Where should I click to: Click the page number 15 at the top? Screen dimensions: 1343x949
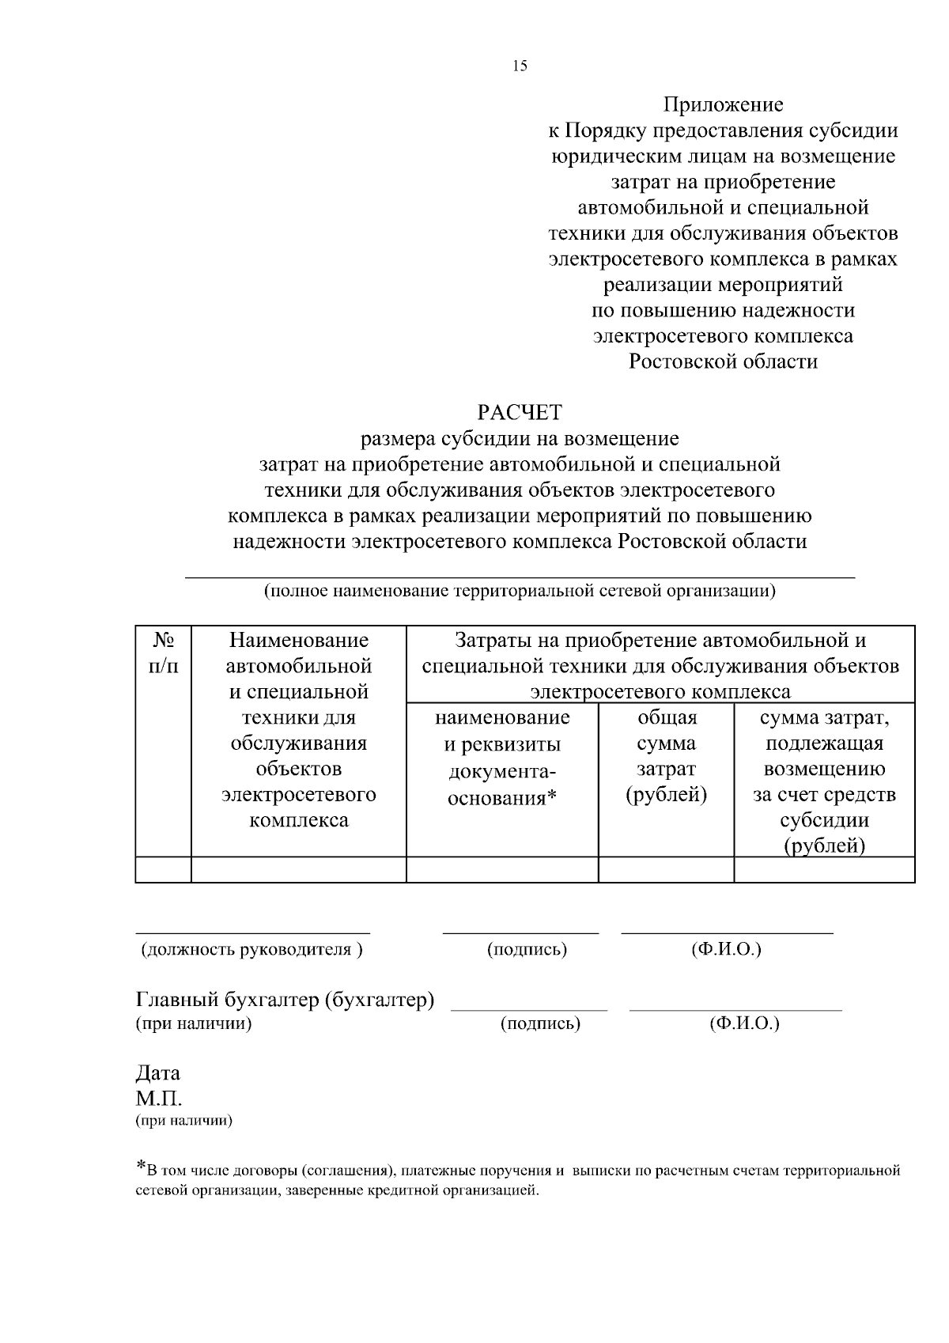click(x=520, y=66)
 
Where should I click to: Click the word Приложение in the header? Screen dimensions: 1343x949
click(x=723, y=104)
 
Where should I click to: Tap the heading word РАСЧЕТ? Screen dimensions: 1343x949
click(x=520, y=412)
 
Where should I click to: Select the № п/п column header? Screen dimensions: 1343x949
click(x=164, y=653)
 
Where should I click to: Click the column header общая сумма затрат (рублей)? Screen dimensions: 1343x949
click(x=666, y=756)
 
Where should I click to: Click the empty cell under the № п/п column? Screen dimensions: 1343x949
click(x=164, y=870)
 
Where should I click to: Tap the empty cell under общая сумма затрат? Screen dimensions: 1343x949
click(x=666, y=870)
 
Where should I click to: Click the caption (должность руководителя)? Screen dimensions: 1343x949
click(x=251, y=950)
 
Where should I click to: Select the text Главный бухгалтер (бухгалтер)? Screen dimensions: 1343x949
click(x=285, y=1001)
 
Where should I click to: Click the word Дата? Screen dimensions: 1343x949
click(x=158, y=1073)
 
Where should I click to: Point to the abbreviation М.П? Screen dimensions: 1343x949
click(x=159, y=1099)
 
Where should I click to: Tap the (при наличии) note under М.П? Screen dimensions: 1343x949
click(x=184, y=1121)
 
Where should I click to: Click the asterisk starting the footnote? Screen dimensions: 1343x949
click(x=141, y=1166)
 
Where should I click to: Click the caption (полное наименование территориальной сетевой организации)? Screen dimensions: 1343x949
click(x=520, y=591)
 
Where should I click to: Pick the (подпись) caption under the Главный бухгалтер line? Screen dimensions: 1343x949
click(x=541, y=1024)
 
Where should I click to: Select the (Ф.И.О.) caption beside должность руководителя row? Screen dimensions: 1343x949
click(x=726, y=950)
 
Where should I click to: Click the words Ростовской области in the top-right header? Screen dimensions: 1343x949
click(x=723, y=361)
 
